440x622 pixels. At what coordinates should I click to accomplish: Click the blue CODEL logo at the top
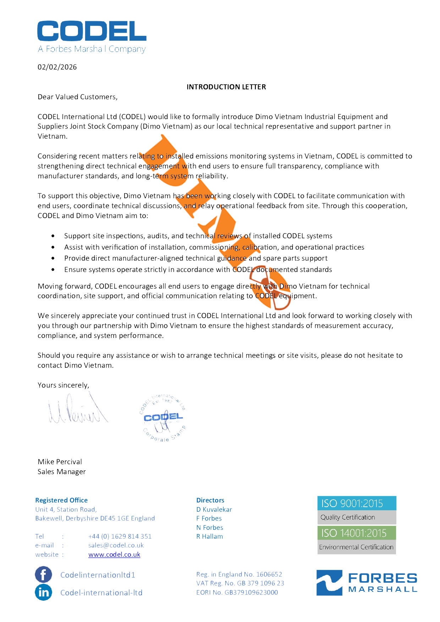pyautogui.click(x=92, y=31)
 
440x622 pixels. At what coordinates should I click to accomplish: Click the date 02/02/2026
pyautogui.click(x=57, y=67)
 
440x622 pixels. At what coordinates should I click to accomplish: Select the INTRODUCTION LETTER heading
pyautogui.click(x=226, y=87)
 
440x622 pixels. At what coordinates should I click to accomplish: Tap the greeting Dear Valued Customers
pyautogui.click(x=77, y=97)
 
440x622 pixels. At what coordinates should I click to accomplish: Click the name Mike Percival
pyautogui.click(x=60, y=462)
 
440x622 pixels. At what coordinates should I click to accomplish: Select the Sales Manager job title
pyautogui.click(x=62, y=472)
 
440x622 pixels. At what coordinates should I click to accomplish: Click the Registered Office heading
pyautogui.click(x=61, y=500)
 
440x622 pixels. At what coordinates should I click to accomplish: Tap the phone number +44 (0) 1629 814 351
pyautogui.click(x=120, y=536)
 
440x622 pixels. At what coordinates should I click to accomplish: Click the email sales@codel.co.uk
pyautogui.click(x=116, y=545)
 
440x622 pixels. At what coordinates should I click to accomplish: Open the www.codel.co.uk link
pyautogui.click(x=114, y=554)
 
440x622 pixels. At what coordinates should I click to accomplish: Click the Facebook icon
pyautogui.click(x=43, y=574)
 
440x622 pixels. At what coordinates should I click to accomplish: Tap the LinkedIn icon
pyautogui.click(x=43, y=592)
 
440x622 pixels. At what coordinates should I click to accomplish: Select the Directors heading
pyautogui.click(x=210, y=500)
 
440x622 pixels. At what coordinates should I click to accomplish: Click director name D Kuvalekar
pyautogui.click(x=214, y=509)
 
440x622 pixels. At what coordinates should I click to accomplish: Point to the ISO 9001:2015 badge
pyautogui.click(x=356, y=503)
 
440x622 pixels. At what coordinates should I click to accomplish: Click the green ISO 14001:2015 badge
pyautogui.click(x=356, y=533)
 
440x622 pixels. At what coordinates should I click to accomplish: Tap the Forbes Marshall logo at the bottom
pyautogui.click(x=367, y=583)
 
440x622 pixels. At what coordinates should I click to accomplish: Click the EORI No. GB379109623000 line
pyautogui.click(x=237, y=592)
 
